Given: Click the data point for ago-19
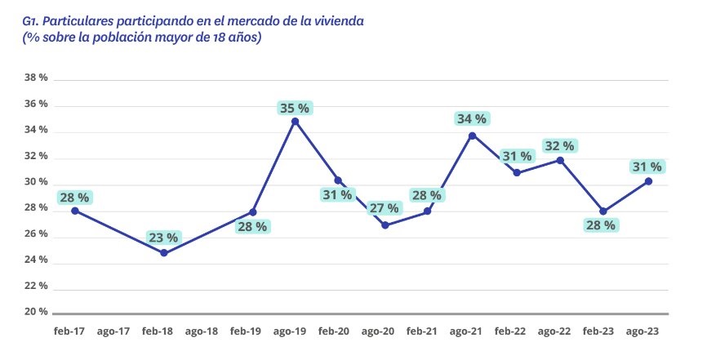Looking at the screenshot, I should (x=295, y=122).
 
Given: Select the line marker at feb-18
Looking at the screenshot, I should (x=163, y=253).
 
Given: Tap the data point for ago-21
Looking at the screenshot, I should (x=472, y=135).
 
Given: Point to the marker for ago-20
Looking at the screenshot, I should (x=384, y=225).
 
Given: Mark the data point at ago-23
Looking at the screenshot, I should (x=647, y=181).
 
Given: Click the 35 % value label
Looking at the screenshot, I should (x=295, y=108).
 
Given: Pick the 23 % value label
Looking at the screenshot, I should (x=163, y=238).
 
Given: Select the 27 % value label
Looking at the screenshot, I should (x=384, y=209).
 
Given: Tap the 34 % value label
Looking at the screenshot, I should (x=472, y=119).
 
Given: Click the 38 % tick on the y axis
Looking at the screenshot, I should (x=38, y=78).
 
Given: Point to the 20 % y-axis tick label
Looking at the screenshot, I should (x=38, y=313).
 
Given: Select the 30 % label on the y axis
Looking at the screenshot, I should (x=38, y=183).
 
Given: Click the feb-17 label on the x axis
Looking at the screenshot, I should (x=70, y=332).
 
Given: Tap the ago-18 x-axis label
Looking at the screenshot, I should (x=202, y=332).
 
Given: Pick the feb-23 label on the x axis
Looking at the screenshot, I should (x=599, y=332).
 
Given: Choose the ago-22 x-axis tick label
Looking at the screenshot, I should (x=555, y=332).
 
